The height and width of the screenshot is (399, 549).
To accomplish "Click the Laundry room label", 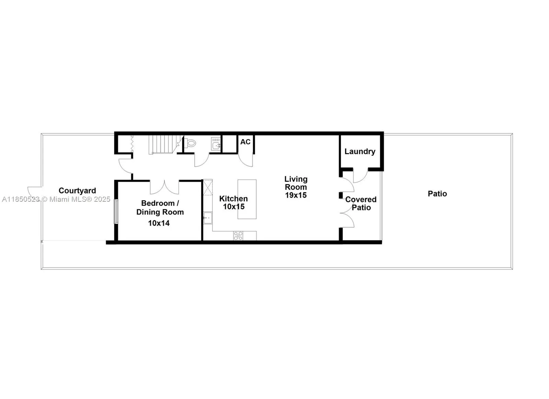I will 360,151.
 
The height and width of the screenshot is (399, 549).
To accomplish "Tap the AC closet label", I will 245,142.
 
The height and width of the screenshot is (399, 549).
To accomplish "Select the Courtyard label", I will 77,190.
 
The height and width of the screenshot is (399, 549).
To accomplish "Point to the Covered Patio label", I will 361,203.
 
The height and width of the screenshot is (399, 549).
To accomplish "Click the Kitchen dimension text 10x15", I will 234,207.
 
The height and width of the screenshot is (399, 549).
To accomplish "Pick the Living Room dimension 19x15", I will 296,195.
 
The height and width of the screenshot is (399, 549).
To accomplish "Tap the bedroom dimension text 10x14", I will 159,223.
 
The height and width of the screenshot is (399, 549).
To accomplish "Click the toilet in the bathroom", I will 190,143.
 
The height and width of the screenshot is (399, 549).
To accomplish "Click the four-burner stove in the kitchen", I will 238,236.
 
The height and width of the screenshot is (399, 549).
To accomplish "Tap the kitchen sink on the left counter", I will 208,218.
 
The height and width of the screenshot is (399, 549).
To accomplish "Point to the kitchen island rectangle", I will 247,199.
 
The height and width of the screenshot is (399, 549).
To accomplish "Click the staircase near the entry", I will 163,144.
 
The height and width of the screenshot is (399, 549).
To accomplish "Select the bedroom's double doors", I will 164,187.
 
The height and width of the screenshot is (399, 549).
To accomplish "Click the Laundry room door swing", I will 360,176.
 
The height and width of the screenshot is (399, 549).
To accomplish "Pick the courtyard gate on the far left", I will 34,191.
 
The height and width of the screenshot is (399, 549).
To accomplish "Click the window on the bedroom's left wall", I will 116,211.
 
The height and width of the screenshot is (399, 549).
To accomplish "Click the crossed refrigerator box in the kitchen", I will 208,187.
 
